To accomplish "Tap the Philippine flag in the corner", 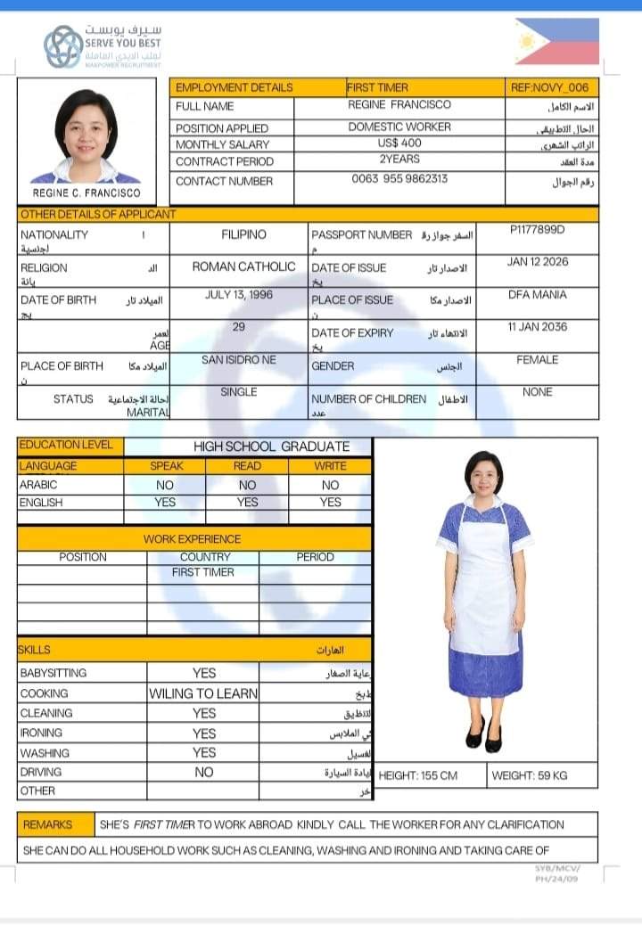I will pos(556,42).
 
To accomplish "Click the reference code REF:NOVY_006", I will pos(549,87).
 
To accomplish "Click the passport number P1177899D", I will pos(537,230).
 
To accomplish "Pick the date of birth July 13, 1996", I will pos(238,295).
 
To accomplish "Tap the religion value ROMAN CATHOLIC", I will pos(243,266).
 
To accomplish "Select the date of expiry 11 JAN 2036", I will pos(537,327).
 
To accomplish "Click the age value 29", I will pos(238,327).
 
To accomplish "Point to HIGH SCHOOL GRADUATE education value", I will pos(271,447).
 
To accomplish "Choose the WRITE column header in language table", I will pos(330,466).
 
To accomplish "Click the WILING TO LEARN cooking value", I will pos(203,693).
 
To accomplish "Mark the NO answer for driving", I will pos(203,772).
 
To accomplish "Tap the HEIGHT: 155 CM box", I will pos(418,775).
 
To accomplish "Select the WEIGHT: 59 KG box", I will pos(529,775).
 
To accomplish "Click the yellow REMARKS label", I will pos(47,824).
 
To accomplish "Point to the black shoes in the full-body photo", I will pos(483,738).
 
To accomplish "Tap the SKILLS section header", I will pos(36,650).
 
